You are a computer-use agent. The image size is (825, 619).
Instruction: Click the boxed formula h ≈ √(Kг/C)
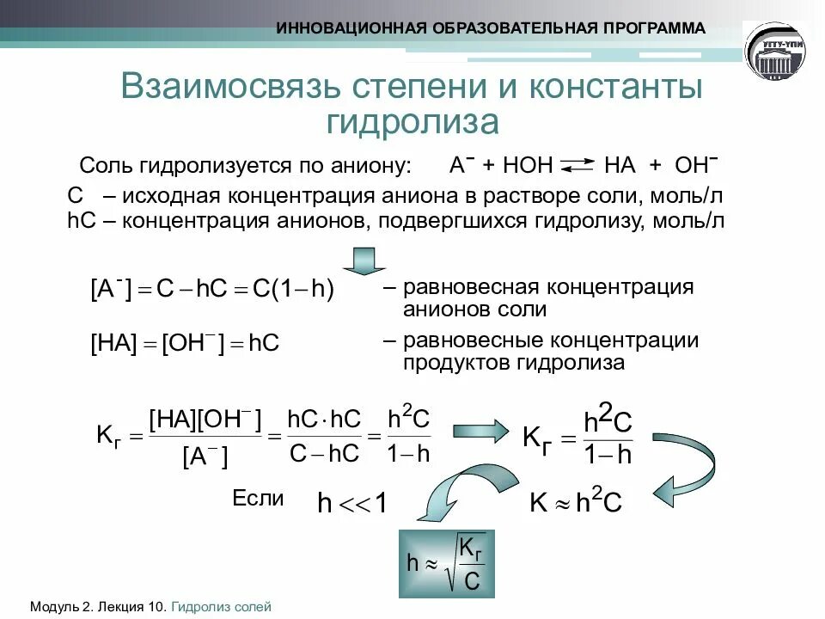(x=449, y=564)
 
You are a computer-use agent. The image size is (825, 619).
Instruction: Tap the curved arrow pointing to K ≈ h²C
(x=687, y=473)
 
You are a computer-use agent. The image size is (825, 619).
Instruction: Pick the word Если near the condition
(x=258, y=499)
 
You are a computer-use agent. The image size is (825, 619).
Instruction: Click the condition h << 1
(x=352, y=504)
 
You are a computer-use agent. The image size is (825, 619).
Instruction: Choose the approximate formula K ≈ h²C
(x=576, y=502)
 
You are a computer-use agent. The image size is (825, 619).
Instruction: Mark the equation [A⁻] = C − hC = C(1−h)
(x=211, y=289)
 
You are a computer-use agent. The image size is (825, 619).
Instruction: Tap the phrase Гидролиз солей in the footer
(x=221, y=607)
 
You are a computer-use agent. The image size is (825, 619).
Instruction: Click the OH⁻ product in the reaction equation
(x=697, y=164)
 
